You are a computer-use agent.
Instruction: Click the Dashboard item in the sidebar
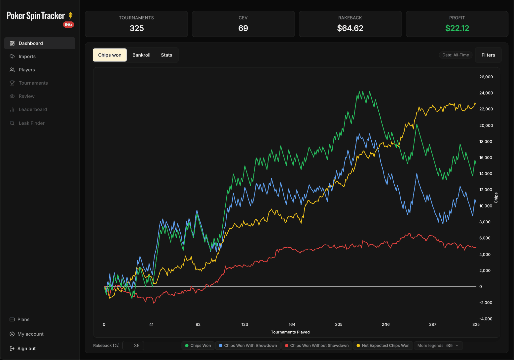tap(31, 43)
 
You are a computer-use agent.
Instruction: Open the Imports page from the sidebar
tap(27, 57)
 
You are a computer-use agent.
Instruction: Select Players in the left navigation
tap(27, 70)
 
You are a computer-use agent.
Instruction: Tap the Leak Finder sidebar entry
tap(31, 123)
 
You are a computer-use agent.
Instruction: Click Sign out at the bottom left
tap(26, 349)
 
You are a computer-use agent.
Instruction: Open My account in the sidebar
tap(30, 334)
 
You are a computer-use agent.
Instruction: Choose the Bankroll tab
tap(141, 55)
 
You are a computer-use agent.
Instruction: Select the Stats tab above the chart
tap(166, 55)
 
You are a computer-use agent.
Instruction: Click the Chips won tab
tap(110, 55)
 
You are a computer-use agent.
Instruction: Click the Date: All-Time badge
tap(456, 55)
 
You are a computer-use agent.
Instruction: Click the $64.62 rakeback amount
tap(350, 28)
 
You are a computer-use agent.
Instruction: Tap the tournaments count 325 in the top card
tap(137, 28)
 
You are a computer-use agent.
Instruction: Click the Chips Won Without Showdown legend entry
tap(317, 346)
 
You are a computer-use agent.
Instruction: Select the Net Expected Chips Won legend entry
tap(383, 346)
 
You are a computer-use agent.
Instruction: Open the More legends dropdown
tap(438, 346)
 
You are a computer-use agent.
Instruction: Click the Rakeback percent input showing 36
tap(133, 346)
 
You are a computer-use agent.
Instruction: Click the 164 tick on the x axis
tap(292, 325)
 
